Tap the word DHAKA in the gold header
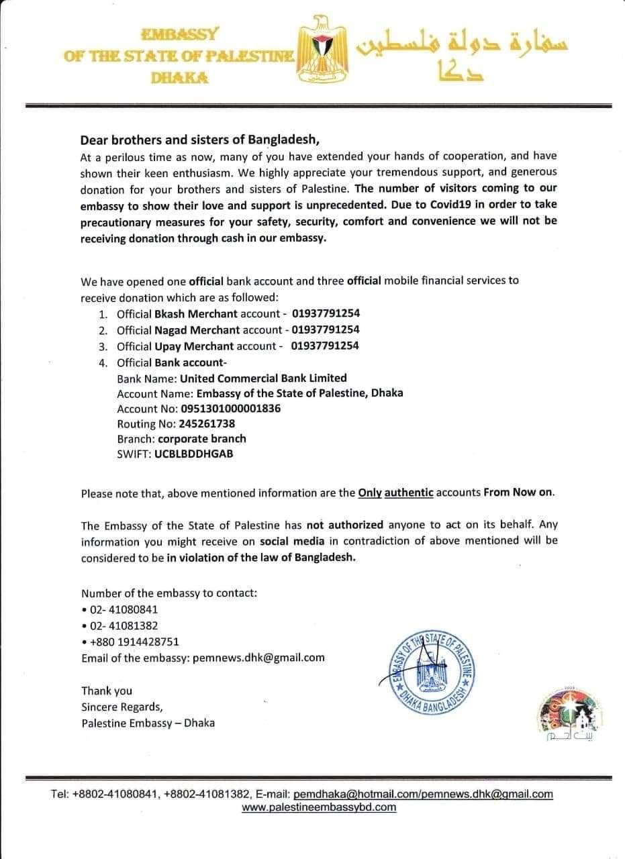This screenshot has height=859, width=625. (x=179, y=78)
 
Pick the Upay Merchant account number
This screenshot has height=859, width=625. (x=326, y=346)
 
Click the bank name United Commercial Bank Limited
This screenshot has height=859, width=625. (x=263, y=378)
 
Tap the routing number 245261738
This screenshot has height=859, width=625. (x=206, y=423)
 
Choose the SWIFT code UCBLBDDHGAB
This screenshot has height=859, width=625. (x=194, y=454)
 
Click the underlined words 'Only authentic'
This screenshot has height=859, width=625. (x=395, y=493)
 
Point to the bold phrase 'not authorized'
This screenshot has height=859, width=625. (x=345, y=525)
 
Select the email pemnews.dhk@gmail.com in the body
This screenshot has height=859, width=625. (x=258, y=658)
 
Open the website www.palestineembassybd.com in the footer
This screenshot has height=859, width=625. (x=319, y=807)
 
